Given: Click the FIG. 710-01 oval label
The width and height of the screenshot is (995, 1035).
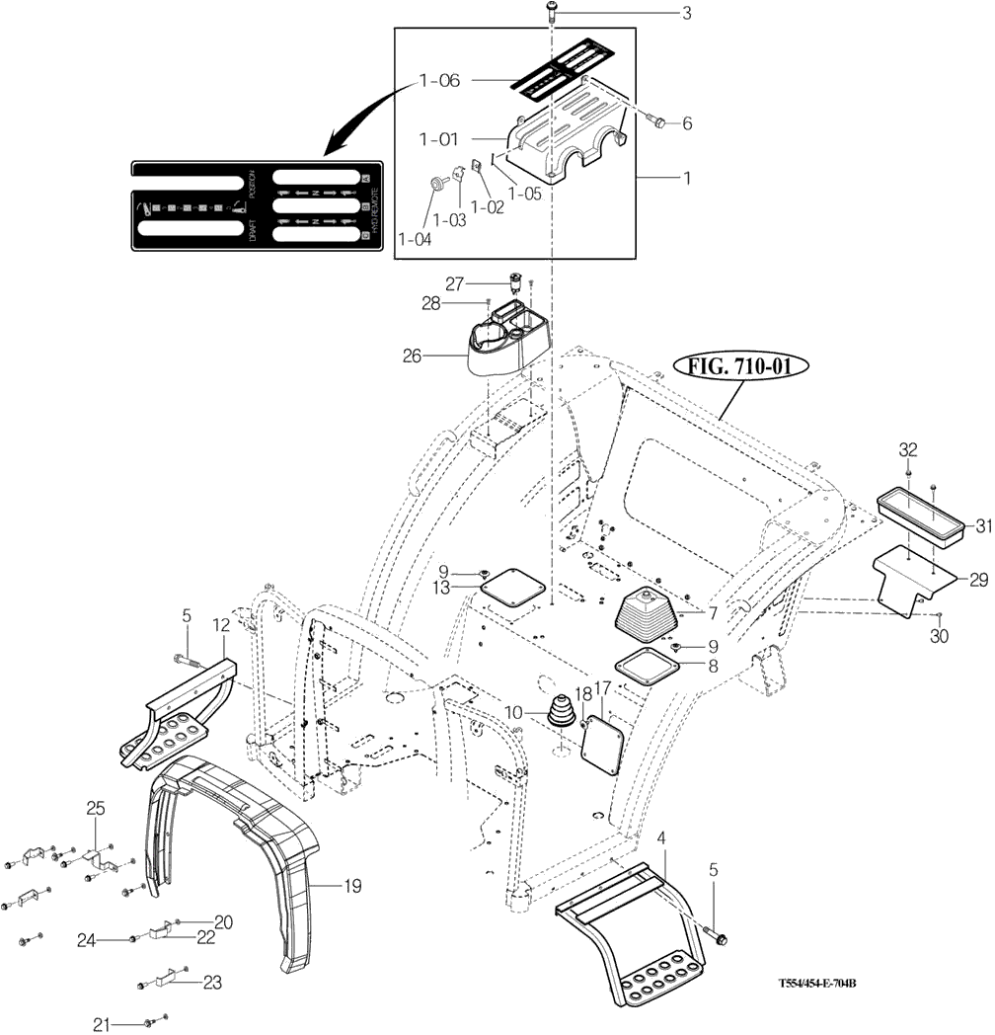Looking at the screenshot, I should point(741,367).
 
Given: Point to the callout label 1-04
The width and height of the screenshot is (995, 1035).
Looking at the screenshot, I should point(414,238).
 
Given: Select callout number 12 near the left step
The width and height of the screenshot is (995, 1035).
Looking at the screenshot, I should point(220,624).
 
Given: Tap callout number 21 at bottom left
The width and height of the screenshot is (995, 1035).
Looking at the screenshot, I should point(101,1022).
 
